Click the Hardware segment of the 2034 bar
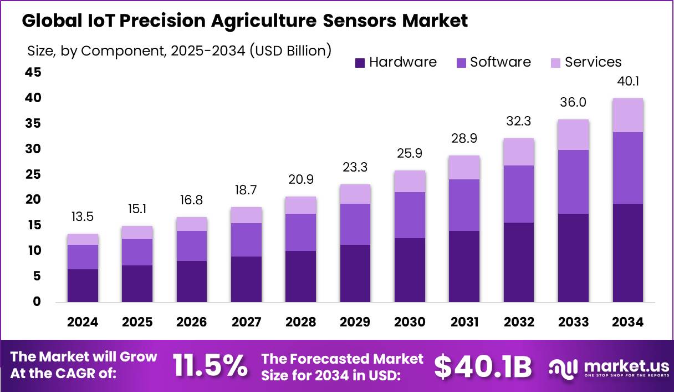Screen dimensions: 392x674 627,253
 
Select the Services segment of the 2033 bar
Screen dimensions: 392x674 573,135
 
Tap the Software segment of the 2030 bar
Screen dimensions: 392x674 410,215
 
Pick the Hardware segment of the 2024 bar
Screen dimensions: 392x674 83,285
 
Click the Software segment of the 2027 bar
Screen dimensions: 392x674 246,240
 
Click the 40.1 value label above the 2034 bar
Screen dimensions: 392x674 627,82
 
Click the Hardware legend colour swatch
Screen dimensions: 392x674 360,63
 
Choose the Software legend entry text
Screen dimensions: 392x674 501,62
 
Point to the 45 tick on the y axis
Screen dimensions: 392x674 33,73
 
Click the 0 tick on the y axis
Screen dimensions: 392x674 37,302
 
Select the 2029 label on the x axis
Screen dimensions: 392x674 355,322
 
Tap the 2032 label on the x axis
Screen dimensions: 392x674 519,322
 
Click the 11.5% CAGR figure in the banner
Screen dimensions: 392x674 210,366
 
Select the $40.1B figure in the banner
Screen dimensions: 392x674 482,366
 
